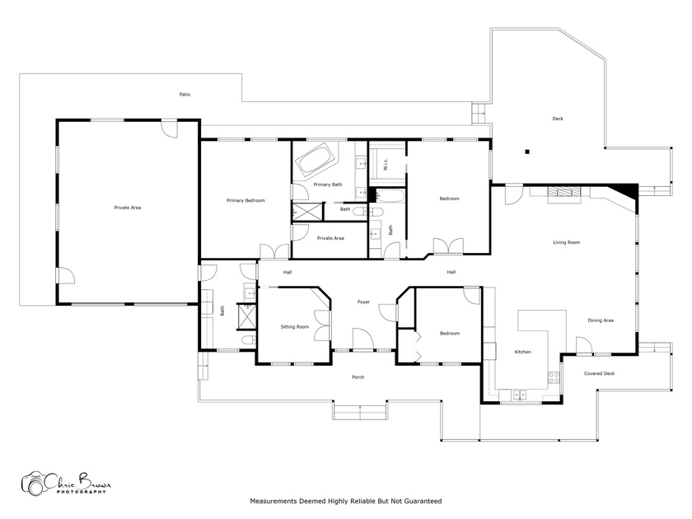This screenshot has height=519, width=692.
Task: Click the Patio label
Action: click(x=185, y=95)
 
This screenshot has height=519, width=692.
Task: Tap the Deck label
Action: click(x=558, y=119)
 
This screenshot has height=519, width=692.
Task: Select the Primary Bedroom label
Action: click(x=245, y=200)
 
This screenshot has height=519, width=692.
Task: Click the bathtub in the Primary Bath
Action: click(x=314, y=159)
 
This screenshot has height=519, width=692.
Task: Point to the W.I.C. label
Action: click(x=386, y=165)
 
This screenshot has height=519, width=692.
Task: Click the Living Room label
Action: click(x=567, y=242)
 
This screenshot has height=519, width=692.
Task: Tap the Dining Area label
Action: click(x=601, y=320)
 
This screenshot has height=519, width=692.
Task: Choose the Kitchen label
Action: click(x=522, y=352)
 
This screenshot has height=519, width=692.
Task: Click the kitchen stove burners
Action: click(x=554, y=377)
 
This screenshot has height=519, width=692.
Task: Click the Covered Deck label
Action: click(x=600, y=373)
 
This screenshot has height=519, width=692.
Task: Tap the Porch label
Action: click(x=358, y=377)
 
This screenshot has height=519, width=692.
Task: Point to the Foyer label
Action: click(x=363, y=302)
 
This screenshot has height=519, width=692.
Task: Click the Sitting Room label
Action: click(x=295, y=327)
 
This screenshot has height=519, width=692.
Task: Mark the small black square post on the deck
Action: click(x=527, y=152)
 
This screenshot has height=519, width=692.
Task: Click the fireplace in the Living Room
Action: click(x=564, y=194)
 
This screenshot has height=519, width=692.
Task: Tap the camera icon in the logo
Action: click(x=34, y=484)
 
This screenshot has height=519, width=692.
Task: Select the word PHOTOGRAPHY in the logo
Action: click(x=82, y=492)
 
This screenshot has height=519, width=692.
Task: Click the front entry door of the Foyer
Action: click(x=363, y=339)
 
